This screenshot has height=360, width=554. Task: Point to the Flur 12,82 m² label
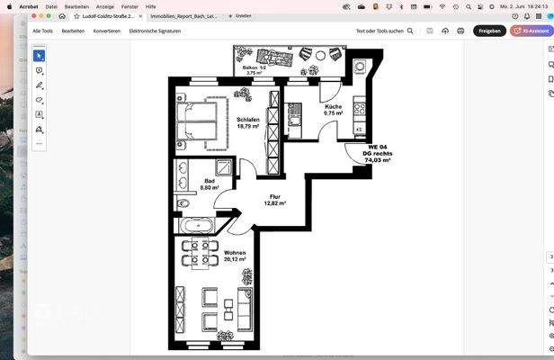[x=274, y=200]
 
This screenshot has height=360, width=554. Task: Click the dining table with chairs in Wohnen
[x=199, y=253]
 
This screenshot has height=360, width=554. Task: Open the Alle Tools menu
[x=43, y=31]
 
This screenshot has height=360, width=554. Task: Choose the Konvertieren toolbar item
[x=106, y=31]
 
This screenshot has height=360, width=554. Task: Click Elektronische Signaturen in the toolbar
[x=155, y=31]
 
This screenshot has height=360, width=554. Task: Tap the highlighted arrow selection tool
[x=40, y=56]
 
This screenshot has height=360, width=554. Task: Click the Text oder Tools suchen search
[x=385, y=31]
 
